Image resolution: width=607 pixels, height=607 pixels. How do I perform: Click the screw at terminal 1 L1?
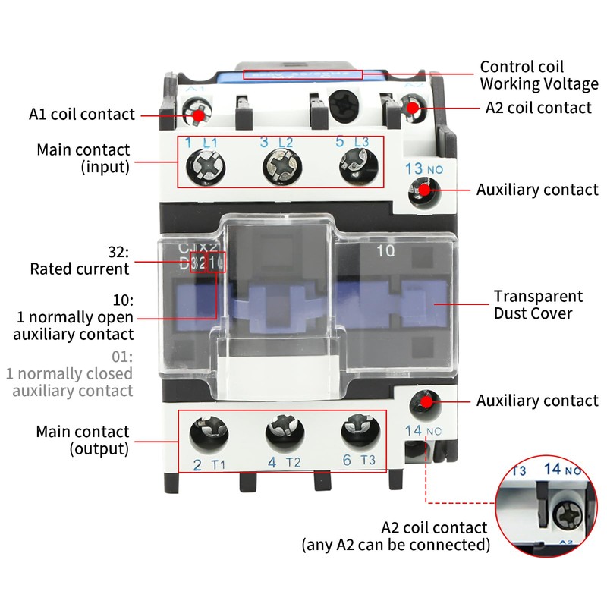click(206, 163)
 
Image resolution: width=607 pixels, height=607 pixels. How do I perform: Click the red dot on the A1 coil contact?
click(199, 115)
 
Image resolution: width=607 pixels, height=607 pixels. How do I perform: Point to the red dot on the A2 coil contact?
click(413, 109)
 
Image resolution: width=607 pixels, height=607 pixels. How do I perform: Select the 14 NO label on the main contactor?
click(423, 431)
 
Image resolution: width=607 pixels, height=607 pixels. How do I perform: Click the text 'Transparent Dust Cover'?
click(538, 304)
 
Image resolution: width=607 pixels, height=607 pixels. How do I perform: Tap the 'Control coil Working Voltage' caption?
click(539, 75)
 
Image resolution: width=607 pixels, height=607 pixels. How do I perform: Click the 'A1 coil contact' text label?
click(82, 115)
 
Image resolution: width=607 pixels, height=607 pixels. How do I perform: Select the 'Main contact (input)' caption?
click(83, 159)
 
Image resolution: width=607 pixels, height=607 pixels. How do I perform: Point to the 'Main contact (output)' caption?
click(83, 440)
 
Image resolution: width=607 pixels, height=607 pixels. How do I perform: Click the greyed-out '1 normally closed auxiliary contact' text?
click(69, 374)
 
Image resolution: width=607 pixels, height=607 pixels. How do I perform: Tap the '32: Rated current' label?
click(80, 260)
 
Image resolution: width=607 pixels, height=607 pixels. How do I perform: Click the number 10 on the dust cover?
click(386, 249)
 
